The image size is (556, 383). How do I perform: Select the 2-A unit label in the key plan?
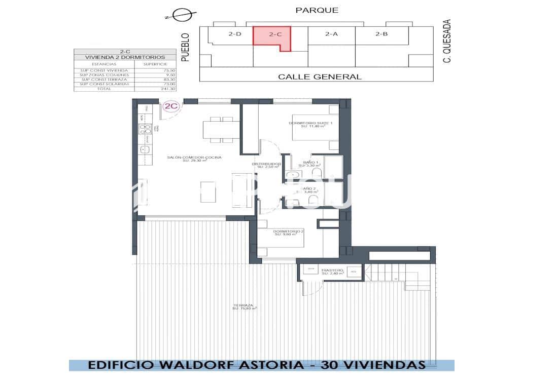[x=331, y=34]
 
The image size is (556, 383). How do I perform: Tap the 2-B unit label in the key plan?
[x=381, y=34]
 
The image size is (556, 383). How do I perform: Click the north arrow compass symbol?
[x=178, y=15]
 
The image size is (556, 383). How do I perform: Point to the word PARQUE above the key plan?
[x=317, y=10]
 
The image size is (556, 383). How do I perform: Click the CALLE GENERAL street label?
[x=320, y=77]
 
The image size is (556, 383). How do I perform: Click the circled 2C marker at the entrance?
[x=170, y=106]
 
